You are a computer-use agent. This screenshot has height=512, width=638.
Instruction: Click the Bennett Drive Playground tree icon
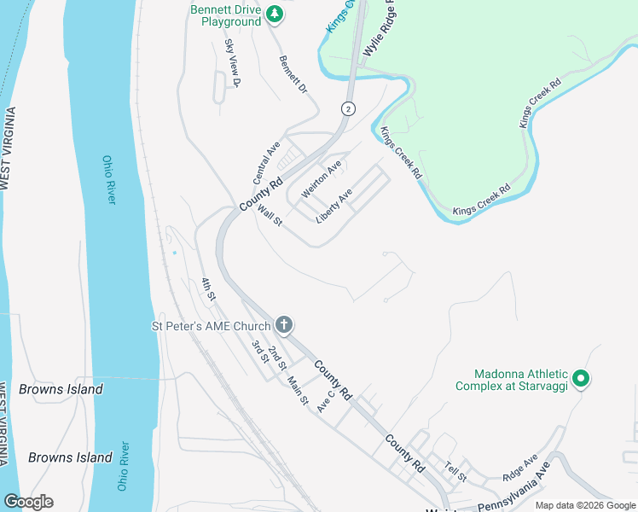point(274,14)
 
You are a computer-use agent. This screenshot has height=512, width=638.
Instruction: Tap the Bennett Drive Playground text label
point(230,15)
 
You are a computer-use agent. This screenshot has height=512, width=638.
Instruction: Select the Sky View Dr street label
point(233,62)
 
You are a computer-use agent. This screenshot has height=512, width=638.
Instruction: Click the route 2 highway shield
point(347,108)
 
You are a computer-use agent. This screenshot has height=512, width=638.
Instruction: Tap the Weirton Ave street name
point(322,178)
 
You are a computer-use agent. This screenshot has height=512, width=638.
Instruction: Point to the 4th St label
point(209,288)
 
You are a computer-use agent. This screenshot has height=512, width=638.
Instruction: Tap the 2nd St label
point(276,358)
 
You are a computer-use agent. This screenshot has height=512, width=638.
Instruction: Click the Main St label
point(296,390)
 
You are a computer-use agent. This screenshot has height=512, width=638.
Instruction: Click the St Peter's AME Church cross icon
point(284,324)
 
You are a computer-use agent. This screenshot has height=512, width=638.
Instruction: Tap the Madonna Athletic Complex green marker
point(581,378)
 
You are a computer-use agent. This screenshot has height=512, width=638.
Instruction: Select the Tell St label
point(456,470)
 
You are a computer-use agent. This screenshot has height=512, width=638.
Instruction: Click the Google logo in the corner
point(29,502)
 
